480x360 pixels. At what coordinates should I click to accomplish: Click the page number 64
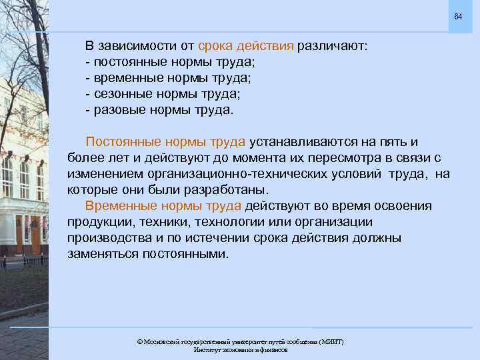tap(457, 16)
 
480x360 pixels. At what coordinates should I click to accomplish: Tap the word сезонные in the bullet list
tap(121, 93)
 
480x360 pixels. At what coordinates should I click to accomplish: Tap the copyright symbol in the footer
tap(139, 341)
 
